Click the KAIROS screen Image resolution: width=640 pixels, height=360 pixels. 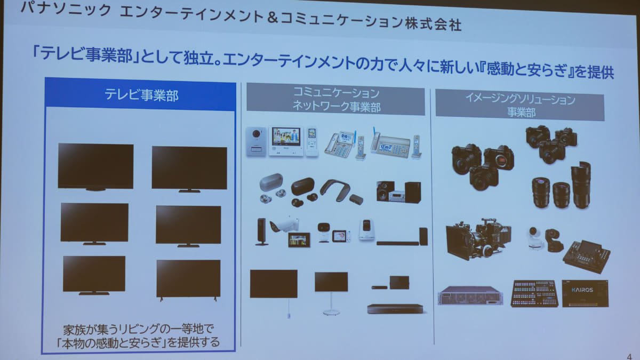click(585, 293)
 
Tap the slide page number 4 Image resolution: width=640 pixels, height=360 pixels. click(629, 356)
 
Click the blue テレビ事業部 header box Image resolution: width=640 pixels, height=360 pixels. click(141, 94)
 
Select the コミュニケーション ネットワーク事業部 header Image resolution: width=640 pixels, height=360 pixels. click(335, 99)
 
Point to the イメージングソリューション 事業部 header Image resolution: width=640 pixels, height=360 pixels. click(519, 105)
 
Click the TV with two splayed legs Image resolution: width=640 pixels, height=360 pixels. click(189, 279)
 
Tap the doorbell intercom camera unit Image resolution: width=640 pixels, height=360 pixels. click(256, 141)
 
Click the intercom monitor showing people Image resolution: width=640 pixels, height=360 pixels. click(286, 141)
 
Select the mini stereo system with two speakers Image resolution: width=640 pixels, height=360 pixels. click(398, 191)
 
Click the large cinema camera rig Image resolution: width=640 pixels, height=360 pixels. click(478, 239)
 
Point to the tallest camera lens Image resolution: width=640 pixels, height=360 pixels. click(581, 185)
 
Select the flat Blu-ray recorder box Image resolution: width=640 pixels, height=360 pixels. click(395, 309)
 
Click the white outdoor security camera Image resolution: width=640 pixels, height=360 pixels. click(284, 225)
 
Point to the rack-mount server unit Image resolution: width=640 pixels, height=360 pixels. click(470, 295)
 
